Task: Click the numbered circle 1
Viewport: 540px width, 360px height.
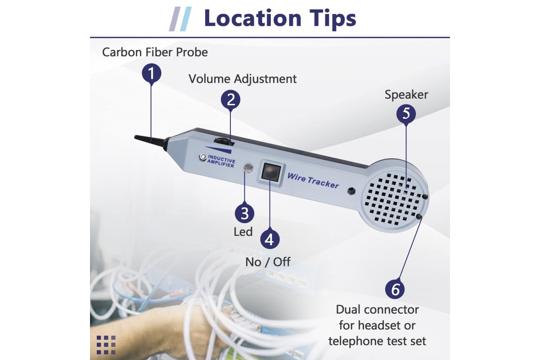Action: point(151,73)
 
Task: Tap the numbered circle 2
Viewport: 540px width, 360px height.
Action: point(230,99)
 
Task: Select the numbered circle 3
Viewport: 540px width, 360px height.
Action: point(244,213)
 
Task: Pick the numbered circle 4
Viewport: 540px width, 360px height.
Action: point(270,239)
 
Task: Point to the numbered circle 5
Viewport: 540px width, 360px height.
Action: point(406,113)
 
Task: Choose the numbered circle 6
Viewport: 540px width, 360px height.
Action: point(395,289)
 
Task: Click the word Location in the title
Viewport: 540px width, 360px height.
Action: point(252,18)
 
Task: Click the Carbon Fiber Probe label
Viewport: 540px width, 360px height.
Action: point(155,52)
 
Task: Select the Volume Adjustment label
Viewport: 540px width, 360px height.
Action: point(243,79)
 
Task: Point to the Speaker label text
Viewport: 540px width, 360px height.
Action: point(406,95)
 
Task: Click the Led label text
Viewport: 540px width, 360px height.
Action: point(243,232)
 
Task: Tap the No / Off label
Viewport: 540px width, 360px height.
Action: point(268,262)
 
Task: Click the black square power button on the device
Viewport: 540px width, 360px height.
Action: point(271,173)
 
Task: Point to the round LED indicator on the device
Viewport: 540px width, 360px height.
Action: point(248,167)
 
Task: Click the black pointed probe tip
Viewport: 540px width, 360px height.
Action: point(150,141)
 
